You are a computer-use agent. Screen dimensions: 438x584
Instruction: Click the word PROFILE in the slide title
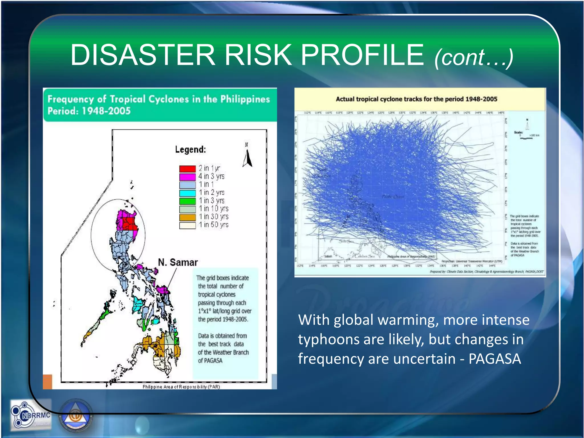pyautogui.click(x=362, y=55)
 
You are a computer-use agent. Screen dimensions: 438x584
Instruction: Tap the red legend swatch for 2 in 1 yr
pyautogui.click(x=187, y=169)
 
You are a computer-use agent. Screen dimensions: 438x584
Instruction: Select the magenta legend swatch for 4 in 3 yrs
pyautogui.click(x=187, y=177)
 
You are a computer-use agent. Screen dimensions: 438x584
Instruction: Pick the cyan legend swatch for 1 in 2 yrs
pyautogui.click(x=187, y=193)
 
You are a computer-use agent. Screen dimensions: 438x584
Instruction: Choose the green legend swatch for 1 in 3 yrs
pyautogui.click(x=187, y=201)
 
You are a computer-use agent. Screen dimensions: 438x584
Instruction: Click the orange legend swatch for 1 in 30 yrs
pyautogui.click(x=187, y=217)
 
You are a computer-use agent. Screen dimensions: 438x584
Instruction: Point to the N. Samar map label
pyautogui.click(x=178, y=262)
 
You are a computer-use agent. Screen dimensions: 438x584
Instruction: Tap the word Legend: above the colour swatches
pyautogui.click(x=190, y=149)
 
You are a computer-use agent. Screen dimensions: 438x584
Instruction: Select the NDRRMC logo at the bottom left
pyautogui.click(x=31, y=415)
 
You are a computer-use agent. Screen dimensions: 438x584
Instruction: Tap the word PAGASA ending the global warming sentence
pyautogui.click(x=495, y=359)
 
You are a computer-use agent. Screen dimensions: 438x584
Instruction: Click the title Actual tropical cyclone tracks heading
pyautogui.click(x=416, y=99)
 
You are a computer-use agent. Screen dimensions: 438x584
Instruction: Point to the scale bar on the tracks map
pyautogui.click(x=526, y=138)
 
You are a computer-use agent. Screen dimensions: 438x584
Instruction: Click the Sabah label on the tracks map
pyautogui.click(x=328, y=256)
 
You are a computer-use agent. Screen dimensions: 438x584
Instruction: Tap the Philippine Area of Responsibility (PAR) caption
pyautogui.click(x=181, y=387)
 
